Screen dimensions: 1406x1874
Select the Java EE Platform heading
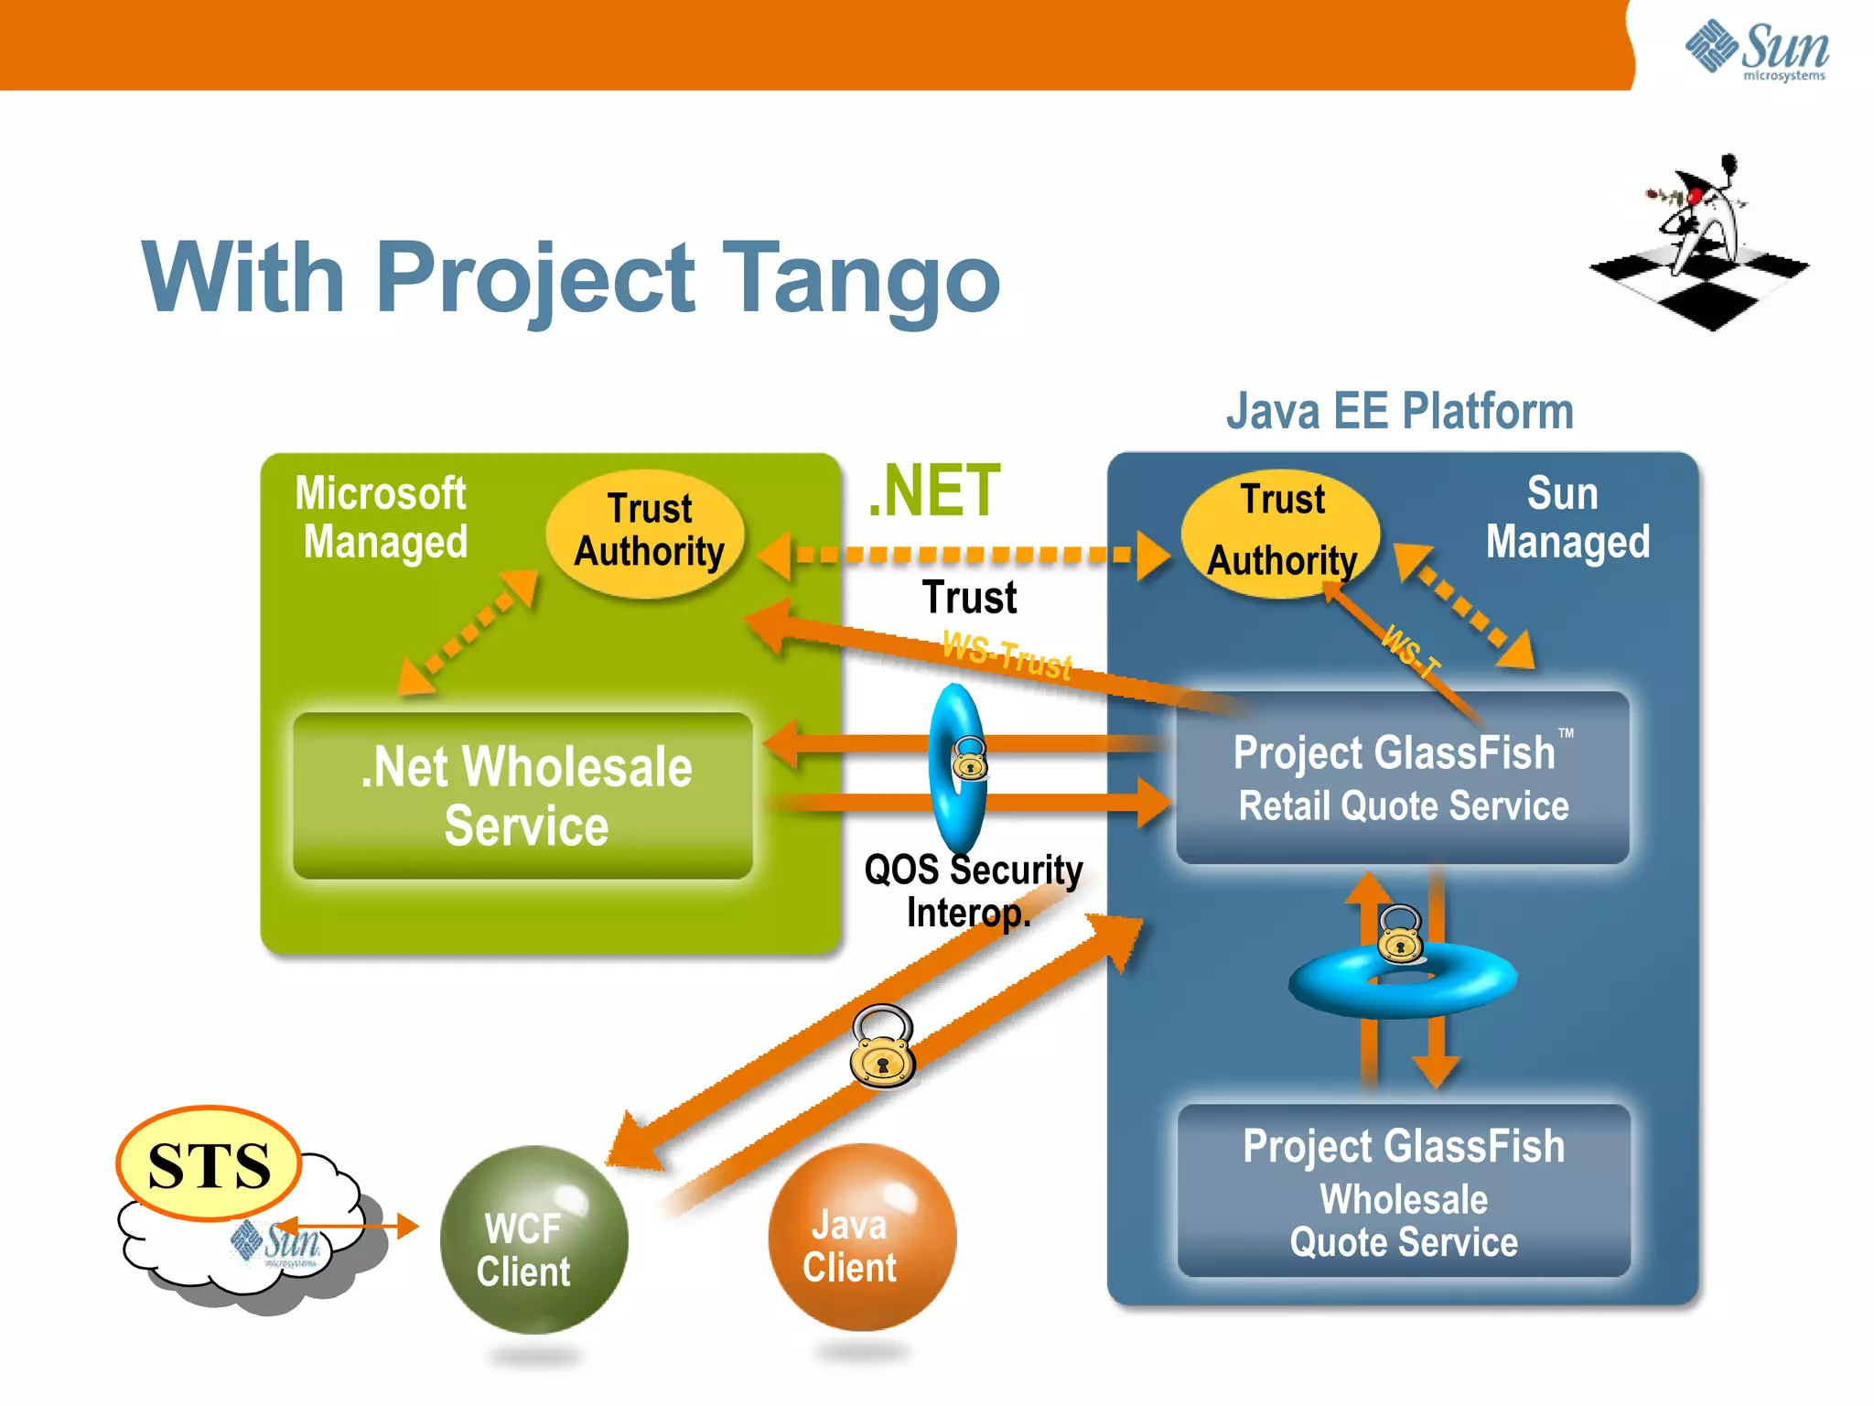(1399, 411)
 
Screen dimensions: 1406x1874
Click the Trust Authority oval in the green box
(646, 533)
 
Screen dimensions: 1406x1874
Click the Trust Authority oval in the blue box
(1281, 533)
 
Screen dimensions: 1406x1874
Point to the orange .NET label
(933, 492)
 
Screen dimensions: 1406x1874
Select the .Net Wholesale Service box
(523, 795)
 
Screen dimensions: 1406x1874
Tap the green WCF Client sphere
(533, 1240)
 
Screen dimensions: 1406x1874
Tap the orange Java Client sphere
(862, 1238)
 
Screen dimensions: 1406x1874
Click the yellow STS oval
(210, 1164)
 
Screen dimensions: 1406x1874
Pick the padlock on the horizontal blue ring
(1400, 935)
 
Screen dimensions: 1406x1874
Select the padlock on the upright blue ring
(969, 758)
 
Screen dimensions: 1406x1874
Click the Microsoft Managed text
(382, 518)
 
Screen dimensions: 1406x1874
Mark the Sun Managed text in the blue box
(1567, 518)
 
